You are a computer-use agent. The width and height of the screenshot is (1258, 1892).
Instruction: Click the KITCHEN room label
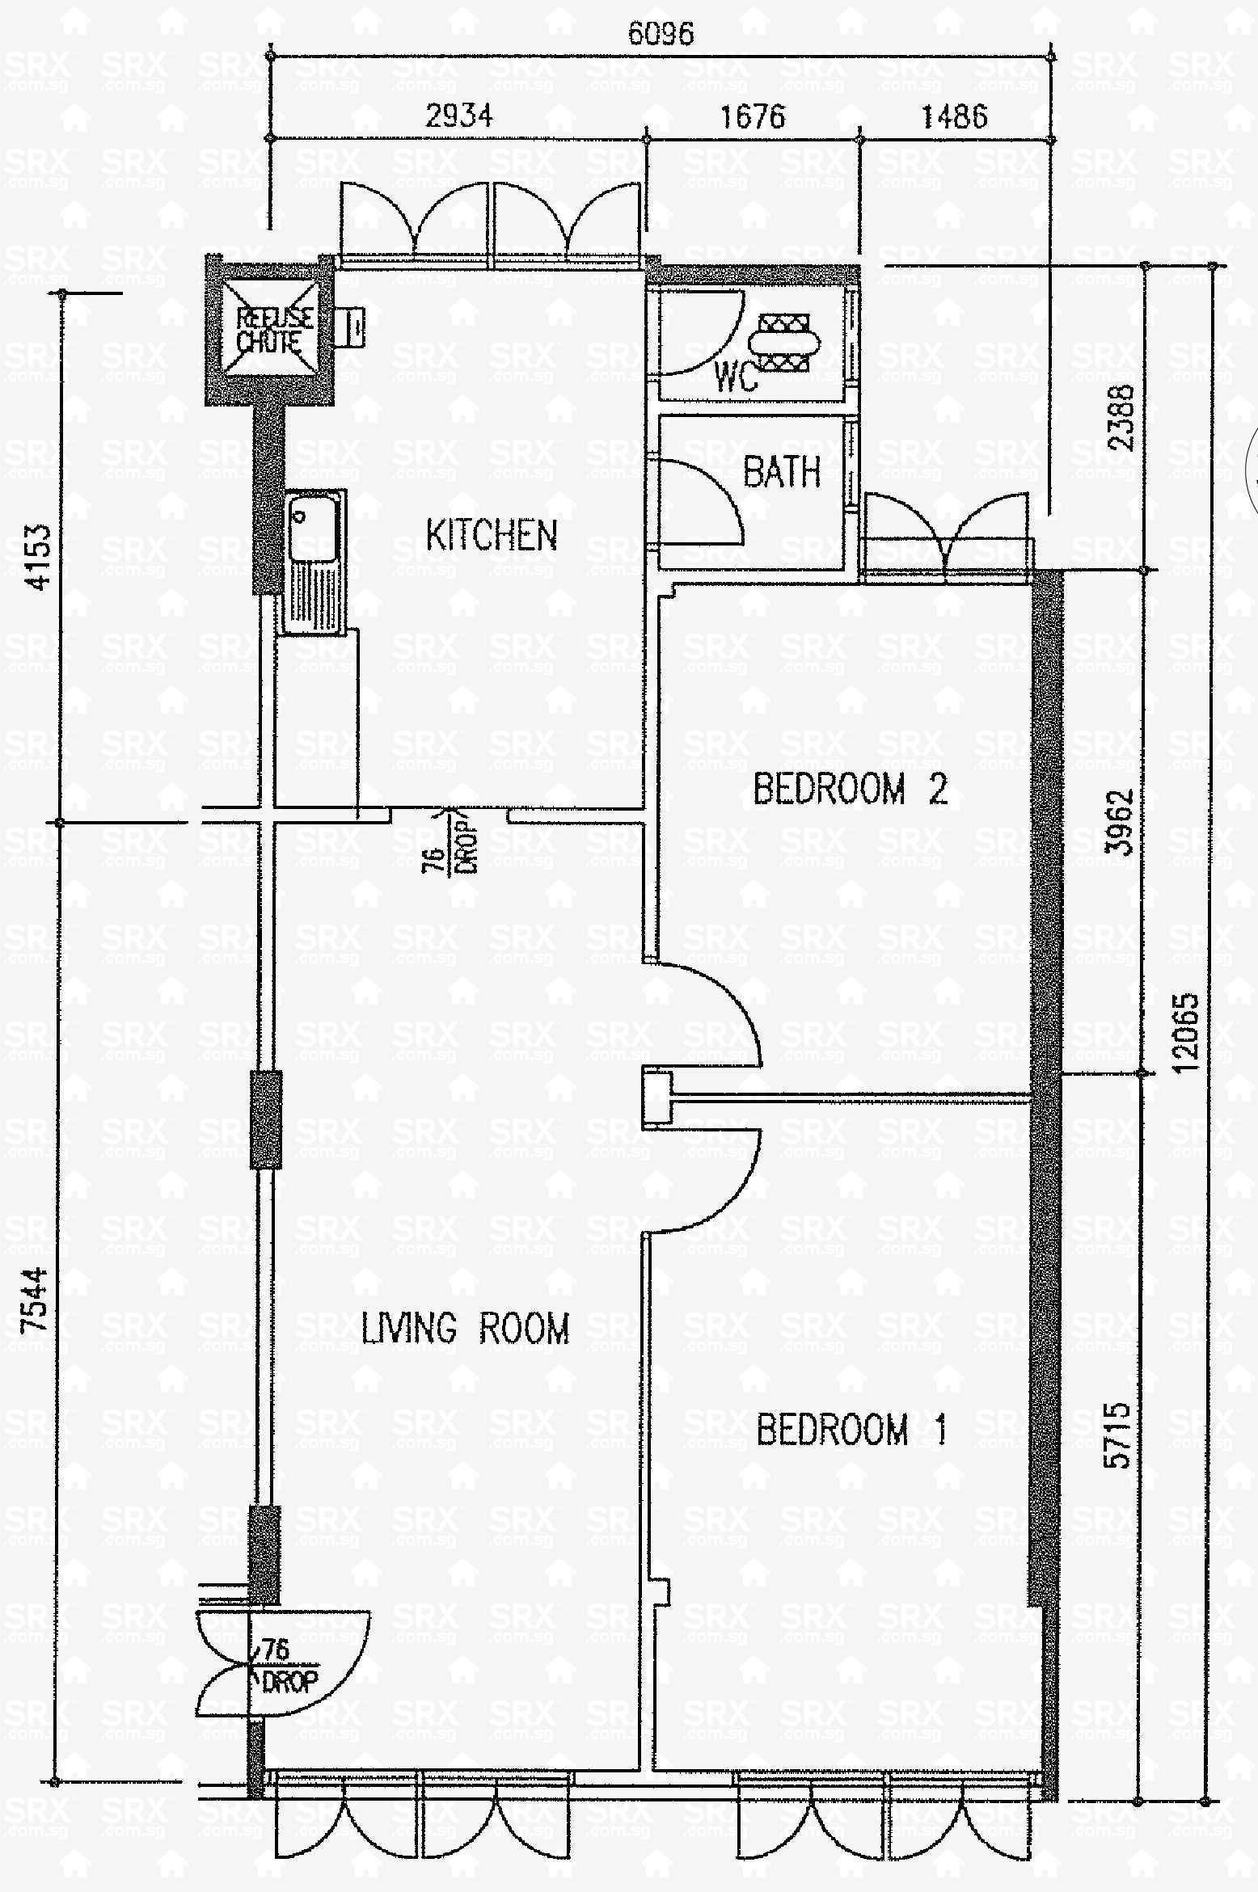(x=492, y=535)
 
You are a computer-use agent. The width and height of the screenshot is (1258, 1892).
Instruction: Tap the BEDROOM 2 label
(x=850, y=789)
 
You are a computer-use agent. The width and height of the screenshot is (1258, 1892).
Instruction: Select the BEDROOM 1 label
(x=851, y=1429)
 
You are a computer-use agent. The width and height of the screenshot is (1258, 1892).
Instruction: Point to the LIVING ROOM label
(x=465, y=1329)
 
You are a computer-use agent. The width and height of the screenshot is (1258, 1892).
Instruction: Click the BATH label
(x=782, y=471)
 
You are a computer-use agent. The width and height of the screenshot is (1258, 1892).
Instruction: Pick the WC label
(x=736, y=377)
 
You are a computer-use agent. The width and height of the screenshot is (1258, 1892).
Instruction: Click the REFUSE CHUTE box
(x=269, y=330)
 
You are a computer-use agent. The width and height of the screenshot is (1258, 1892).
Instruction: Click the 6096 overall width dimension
(x=661, y=34)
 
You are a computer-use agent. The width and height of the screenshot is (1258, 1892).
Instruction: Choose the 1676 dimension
(x=752, y=116)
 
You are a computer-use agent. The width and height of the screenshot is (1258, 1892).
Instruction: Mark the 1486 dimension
(x=954, y=116)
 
